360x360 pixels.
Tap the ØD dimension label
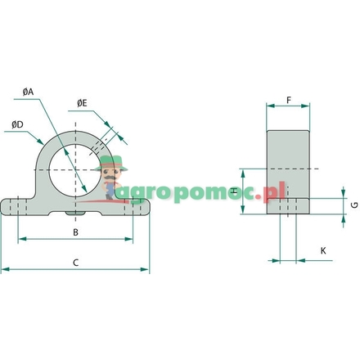click(x=17, y=124)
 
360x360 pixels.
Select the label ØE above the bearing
click(x=82, y=102)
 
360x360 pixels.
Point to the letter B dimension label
click(x=75, y=232)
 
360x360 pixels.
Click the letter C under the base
click(x=75, y=263)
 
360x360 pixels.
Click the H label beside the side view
click(x=233, y=191)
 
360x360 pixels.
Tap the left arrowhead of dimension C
click(x=5, y=268)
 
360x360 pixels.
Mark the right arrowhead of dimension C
click(x=146, y=268)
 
